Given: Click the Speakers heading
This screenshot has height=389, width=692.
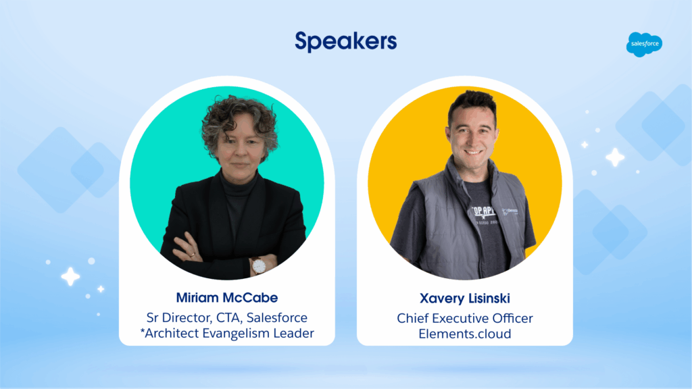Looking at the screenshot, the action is (x=345, y=42).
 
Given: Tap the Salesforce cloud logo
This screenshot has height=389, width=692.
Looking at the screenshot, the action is (x=644, y=44).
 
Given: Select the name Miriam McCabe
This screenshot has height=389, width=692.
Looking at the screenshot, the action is (x=227, y=298).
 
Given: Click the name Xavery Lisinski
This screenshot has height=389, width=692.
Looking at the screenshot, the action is (x=465, y=299).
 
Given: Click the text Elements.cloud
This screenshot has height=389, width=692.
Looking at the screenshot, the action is (x=465, y=334).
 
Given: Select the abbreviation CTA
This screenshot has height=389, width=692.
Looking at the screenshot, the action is (x=228, y=318).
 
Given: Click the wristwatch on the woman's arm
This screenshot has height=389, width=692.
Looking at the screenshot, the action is (x=258, y=266).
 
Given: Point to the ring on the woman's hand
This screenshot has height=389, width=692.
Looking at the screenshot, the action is (x=193, y=255).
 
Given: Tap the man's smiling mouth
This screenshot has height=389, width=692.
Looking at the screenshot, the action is (x=472, y=152).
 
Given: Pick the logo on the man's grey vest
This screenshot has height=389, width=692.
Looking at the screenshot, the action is (x=510, y=212).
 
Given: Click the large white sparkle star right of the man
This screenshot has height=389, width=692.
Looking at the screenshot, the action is (x=615, y=157).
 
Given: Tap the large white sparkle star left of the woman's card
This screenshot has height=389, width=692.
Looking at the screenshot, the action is (x=70, y=277).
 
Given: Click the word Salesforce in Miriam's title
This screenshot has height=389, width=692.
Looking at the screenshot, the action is (x=276, y=317).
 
